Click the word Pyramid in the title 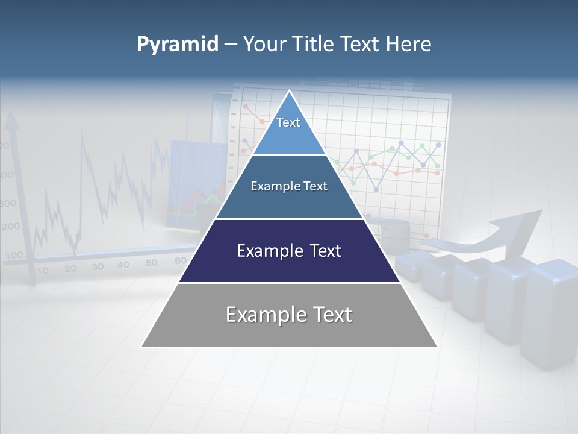pyautogui.click(x=177, y=44)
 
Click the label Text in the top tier pyautogui.click(x=288, y=122)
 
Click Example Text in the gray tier pyautogui.click(x=289, y=315)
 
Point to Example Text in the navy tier pyautogui.click(x=289, y=251)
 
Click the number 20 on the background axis pyautogui.click(x=70, y=269)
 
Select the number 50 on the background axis pyautogui.click(x=151, y=262)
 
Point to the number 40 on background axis pyautogui.click(x=123, y=265)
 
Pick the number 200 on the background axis pyautogui.click(x=10, y=227)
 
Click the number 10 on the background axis pyautogui.click(x=42, y=271)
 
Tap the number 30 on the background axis pyautogui.click(x=97, y=266)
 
